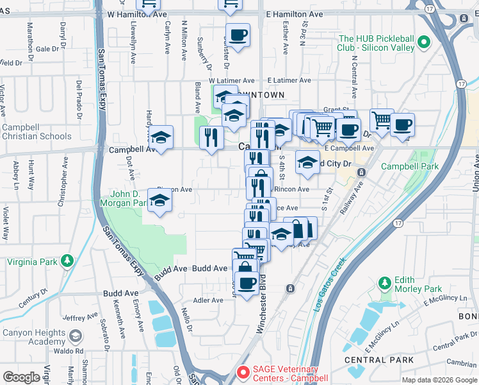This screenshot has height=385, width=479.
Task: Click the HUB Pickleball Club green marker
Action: click(423, 44)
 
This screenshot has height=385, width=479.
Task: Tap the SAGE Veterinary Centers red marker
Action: click(243, 372)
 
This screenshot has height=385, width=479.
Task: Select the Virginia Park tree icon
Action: click(67, 261)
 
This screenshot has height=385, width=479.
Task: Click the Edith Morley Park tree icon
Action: click(384, 282)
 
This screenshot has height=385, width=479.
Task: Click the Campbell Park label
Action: click(410, 166)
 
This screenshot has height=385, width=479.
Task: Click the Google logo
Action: click(22, 377)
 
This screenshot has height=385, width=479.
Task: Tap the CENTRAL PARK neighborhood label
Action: click(369, 360)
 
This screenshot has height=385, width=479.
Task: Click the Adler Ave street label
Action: click(208, 300)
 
